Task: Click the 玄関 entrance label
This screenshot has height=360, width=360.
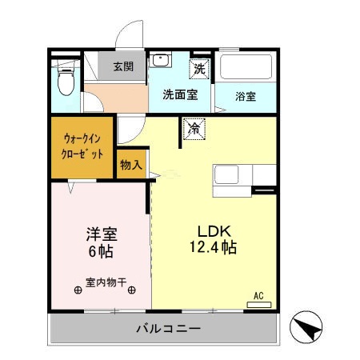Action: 122,66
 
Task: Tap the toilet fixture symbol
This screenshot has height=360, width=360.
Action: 66,78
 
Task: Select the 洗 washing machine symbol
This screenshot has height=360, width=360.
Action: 199,69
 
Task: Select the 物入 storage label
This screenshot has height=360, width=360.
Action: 131,165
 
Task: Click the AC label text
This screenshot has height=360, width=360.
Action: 258,295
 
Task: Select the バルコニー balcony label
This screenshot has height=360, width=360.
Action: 168,328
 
